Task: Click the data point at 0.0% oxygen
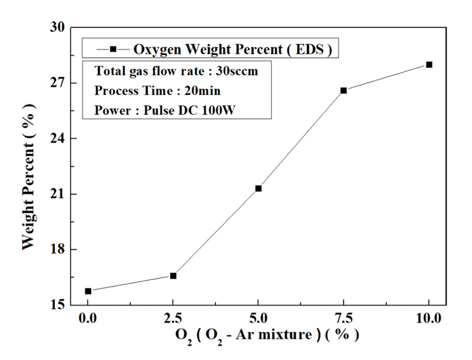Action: point(88,291)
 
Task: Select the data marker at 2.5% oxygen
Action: point(173,276)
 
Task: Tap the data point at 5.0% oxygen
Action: point(258,188)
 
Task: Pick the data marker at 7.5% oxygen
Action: point(344,91)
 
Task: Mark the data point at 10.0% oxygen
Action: point(429,64)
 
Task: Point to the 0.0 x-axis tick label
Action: point(88,319)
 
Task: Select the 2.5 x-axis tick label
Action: point(173,319)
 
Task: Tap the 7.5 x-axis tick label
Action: point(344,319)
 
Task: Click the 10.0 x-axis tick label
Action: point(429,319)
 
